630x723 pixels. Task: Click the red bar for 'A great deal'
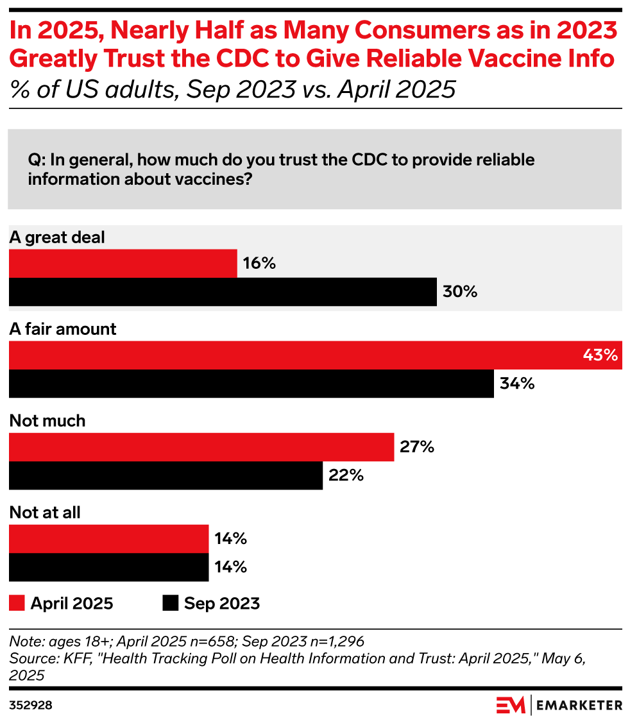(123, 263)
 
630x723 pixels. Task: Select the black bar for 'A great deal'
(222, 292)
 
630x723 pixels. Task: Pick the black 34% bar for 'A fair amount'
(251, 384)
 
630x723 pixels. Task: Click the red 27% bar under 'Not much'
(201, 447)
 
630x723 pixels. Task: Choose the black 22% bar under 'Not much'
(166, 475)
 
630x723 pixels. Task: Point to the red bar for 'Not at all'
(108, 538)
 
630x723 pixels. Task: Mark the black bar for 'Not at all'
(108, 567)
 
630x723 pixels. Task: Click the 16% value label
(259, 263)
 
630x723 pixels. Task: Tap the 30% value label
(460, 292)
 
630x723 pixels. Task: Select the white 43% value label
(600, 355)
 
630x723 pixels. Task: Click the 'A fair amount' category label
(63, 329)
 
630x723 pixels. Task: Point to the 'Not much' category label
(47, 421)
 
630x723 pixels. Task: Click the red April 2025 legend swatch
(17, 603)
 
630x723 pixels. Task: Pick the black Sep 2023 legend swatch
(170, 603)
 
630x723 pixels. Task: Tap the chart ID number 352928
(31, 705)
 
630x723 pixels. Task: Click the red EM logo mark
(511, 704)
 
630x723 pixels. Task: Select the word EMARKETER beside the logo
(579, 705)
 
